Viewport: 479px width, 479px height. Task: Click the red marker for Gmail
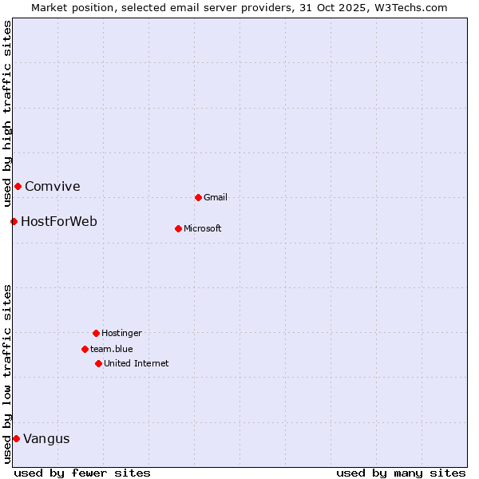pyautogui.click(x=198, y=197)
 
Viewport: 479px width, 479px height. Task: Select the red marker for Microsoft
pyautogui.click(x=178, y=228)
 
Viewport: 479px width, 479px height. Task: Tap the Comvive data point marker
pyautogui.click(x=18, y=186)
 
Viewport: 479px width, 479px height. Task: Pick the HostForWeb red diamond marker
pyautogui.click(x=14, y=221)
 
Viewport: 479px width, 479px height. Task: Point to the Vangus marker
pyautogui.click(x=16, y=438)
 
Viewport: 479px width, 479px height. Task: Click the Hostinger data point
pyautogui.click(x=96, y=333)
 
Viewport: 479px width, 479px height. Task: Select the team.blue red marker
pyautogui.click(x=85, y=349)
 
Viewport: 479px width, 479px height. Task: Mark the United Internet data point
pyautogui.click(x=98, y=363)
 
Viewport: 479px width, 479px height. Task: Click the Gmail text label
pyautogui.click(x=216, y=197)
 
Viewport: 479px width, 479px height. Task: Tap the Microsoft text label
pyautogui.click(x=203, y=228)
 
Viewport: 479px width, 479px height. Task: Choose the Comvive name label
pyautogui.click(x=53, y=187)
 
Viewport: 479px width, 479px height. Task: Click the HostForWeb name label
pyautogui.click(x=59, y=222)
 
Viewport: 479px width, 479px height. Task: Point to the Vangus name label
pyautogui.click(x=46, y=439)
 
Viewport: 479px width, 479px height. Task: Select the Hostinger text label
pyautogui.click(x=121, y=333)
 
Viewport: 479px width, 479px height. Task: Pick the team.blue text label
pyautogui.click(x=112, y=349)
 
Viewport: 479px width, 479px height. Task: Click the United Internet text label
pyautogui.click(x=137, y=363)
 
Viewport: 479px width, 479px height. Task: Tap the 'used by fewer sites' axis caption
pyautogui.click(x=82, y=473)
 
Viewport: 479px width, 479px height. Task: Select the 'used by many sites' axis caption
pyautogui.click(x=401, y=473)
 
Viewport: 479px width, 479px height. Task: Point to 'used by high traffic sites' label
pyautogui.click(x=7, y=115)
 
